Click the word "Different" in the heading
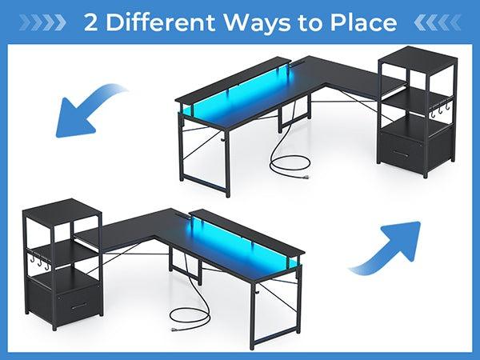pyautogui.click(x=154, y=22)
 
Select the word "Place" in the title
pyautogui.click(x=362, y=22)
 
